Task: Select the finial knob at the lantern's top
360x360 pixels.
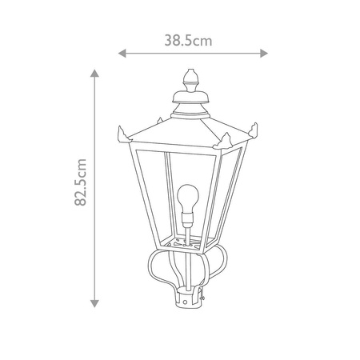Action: [x=190, y=81]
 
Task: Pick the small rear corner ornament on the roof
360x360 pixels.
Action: [x=164, y=119]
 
